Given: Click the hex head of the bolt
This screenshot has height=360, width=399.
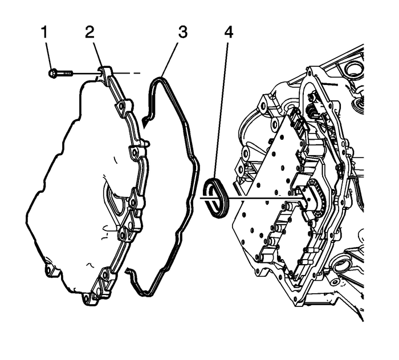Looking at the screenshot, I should [53, 73].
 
